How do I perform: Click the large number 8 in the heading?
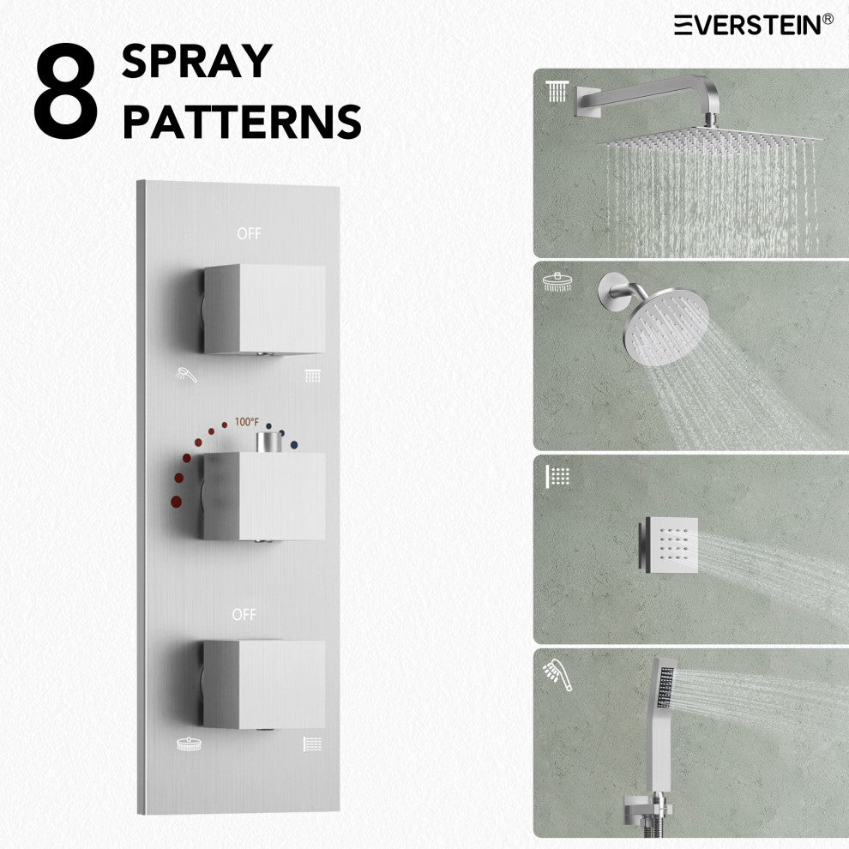pos(65,90)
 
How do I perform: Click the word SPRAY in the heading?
pos(197,61)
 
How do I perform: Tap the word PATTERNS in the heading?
pos(242,122)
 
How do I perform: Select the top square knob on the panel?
pos(264,310)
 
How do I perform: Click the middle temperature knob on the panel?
pos(264,496)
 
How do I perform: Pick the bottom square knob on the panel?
pos(264,684)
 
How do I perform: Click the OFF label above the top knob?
pos(249,233)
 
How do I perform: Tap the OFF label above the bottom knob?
pos(244,615)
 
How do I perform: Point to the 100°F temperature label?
pos(247,422)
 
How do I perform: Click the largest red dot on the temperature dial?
pos(176,502)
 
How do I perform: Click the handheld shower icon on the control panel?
pos(186,374)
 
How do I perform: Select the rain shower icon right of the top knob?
pos(312,376)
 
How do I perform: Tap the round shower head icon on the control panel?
pos(189,744)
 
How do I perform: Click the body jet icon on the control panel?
pos(312,744)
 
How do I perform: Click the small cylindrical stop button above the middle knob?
pos(269,442)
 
